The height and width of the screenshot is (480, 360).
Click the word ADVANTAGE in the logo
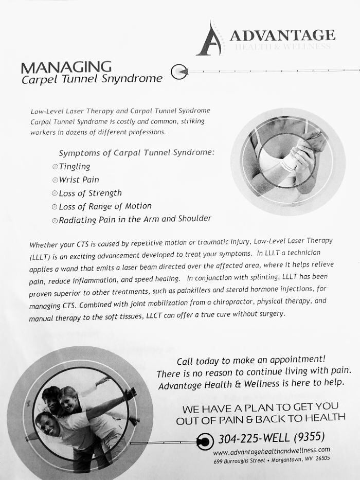282,35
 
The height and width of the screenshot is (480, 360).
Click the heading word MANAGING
66,67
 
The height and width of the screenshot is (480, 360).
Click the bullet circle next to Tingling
55,167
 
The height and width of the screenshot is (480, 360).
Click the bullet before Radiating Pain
55,220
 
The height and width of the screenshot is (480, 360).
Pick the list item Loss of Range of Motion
105,206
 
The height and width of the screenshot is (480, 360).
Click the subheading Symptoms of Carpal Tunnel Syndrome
136,153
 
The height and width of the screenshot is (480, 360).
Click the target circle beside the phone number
205,441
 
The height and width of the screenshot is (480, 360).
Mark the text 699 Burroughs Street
239,461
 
